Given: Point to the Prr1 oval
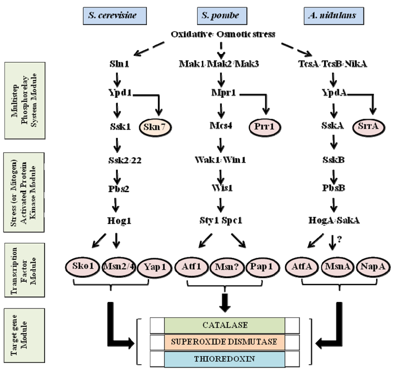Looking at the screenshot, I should coord(265,127).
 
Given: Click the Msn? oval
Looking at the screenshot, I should coord(224,268).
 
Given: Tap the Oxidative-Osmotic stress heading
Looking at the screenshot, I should coord(223,34).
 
